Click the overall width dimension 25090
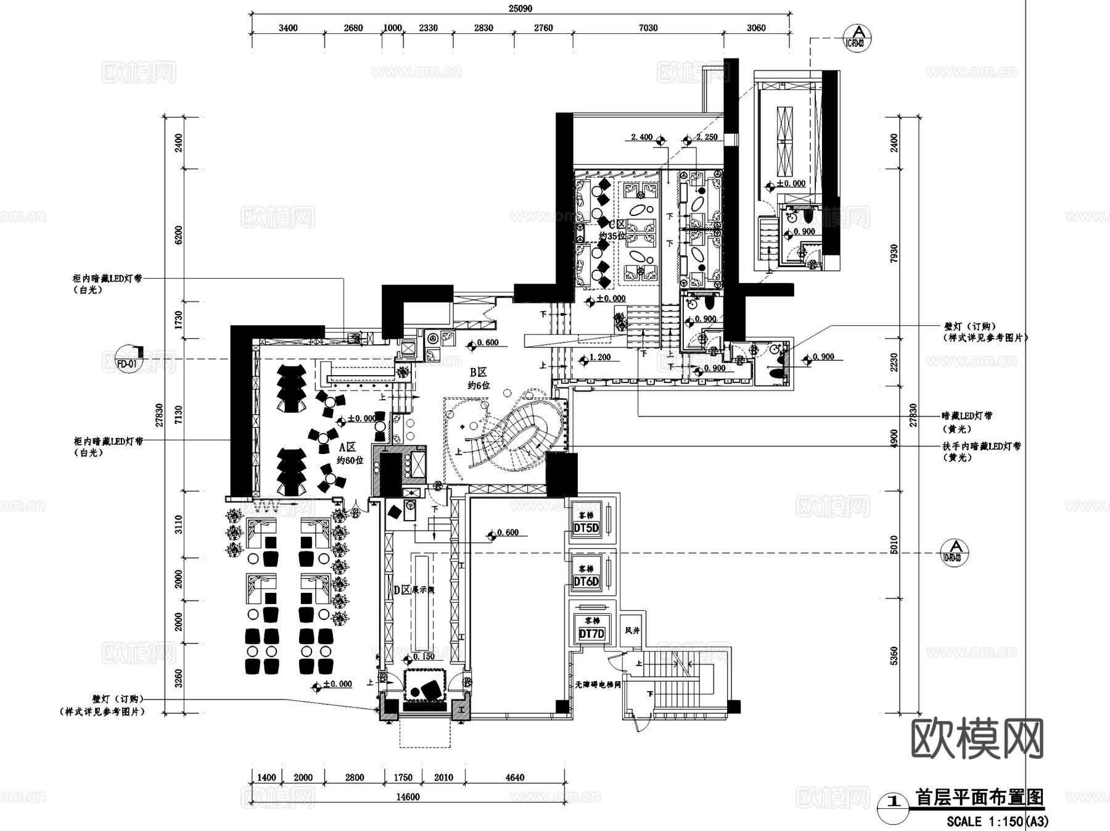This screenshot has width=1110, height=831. [520, 9]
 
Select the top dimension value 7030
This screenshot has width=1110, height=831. [647, 28]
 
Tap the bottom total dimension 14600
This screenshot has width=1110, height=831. [407, 796]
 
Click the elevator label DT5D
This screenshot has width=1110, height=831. [586, 528]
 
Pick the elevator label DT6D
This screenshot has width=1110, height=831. [586, 581]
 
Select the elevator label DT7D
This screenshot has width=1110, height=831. [591, 634]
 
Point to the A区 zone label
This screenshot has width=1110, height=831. [347, 447]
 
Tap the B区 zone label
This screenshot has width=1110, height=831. [479, 373]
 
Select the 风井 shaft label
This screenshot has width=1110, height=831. [633, 630]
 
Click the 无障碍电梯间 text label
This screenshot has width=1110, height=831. [598, 684]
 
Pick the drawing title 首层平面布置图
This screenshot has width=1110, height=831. [979, 797]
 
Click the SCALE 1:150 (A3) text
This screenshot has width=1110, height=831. [997, 821]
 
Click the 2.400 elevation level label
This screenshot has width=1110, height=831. [641, 137]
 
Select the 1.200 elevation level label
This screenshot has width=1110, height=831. [600, 357]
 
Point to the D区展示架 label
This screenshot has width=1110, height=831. [414, 590]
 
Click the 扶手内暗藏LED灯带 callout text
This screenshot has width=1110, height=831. [982, 446]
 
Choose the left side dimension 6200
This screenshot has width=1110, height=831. [179, 234]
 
